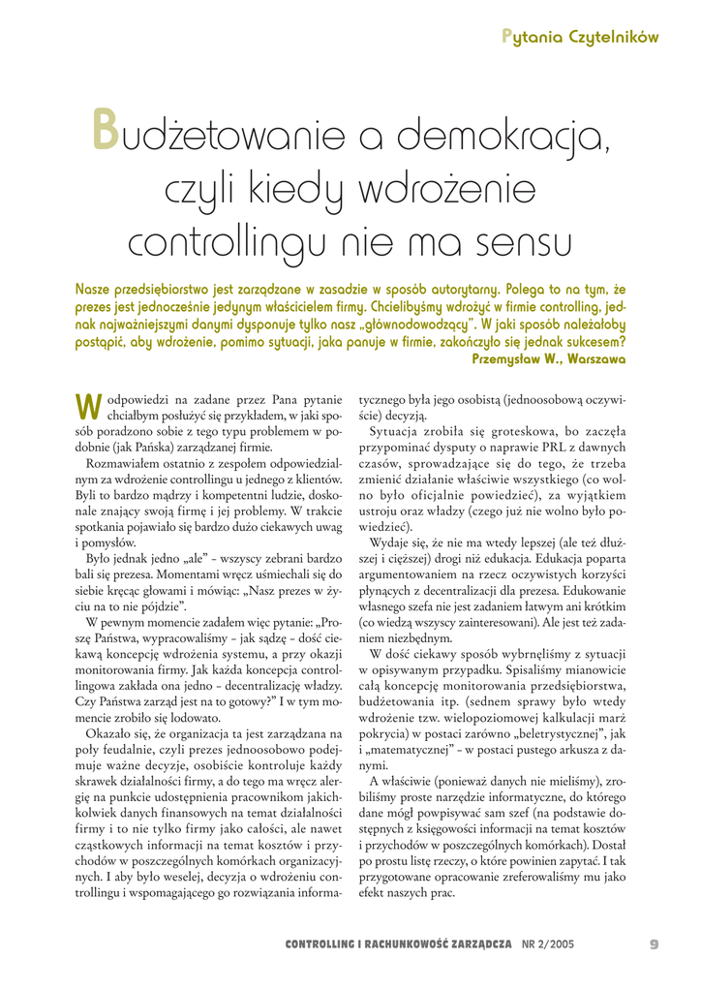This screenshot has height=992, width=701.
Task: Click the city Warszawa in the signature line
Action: (595, 356)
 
